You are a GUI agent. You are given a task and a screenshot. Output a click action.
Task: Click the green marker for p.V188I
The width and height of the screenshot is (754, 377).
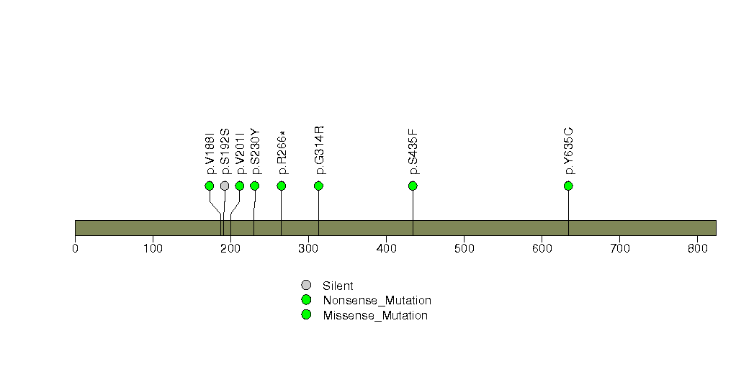[x=209, y=186]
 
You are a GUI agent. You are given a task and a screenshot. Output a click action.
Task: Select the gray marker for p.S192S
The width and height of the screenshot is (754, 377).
[x=225, y=186]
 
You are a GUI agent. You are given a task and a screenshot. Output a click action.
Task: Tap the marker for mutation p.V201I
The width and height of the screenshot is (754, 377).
[x=240, y=186]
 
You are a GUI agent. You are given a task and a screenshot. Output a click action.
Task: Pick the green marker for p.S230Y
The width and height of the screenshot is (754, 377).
[x=255, y=186]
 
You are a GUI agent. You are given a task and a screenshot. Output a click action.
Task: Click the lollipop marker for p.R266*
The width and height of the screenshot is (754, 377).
[x=282, y=186]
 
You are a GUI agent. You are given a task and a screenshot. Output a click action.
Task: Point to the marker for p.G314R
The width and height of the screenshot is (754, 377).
[x=318, y=186]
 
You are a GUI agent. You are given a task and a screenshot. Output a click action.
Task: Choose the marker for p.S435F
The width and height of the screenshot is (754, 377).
[x=413, y=186]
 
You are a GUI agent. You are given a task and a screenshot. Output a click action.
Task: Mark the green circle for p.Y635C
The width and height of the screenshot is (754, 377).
[x=568, y=186]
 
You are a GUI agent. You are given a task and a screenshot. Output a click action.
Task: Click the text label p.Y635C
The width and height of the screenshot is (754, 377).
[x=569, y=151]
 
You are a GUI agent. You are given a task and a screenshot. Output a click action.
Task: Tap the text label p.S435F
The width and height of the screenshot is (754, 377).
[x=413, y=151]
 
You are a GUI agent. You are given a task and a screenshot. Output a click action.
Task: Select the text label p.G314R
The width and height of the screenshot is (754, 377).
[x=319, y=150]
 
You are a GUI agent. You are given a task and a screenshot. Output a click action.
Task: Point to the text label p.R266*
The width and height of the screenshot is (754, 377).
[x=282, y=153]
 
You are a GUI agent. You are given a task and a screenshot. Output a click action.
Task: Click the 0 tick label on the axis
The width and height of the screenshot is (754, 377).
[x=75, y=248]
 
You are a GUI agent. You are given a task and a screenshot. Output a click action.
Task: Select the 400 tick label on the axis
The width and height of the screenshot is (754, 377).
[x=386, y=248]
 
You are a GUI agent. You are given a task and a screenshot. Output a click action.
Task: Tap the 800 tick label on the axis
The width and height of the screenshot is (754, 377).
[x=698, y=248]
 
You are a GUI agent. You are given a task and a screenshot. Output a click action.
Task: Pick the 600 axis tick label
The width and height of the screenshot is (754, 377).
[x=542, y=248]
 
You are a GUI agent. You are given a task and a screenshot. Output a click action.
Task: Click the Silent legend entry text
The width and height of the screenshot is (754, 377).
[x=338, y=286]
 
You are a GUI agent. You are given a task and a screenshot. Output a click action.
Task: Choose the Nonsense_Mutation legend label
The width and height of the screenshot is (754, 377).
[x=377, y=301]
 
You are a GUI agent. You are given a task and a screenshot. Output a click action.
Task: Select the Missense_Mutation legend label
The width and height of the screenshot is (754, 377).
[x=375, y=316]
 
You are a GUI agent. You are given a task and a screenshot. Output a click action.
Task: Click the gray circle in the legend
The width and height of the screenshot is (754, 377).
[x=306, y=286]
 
